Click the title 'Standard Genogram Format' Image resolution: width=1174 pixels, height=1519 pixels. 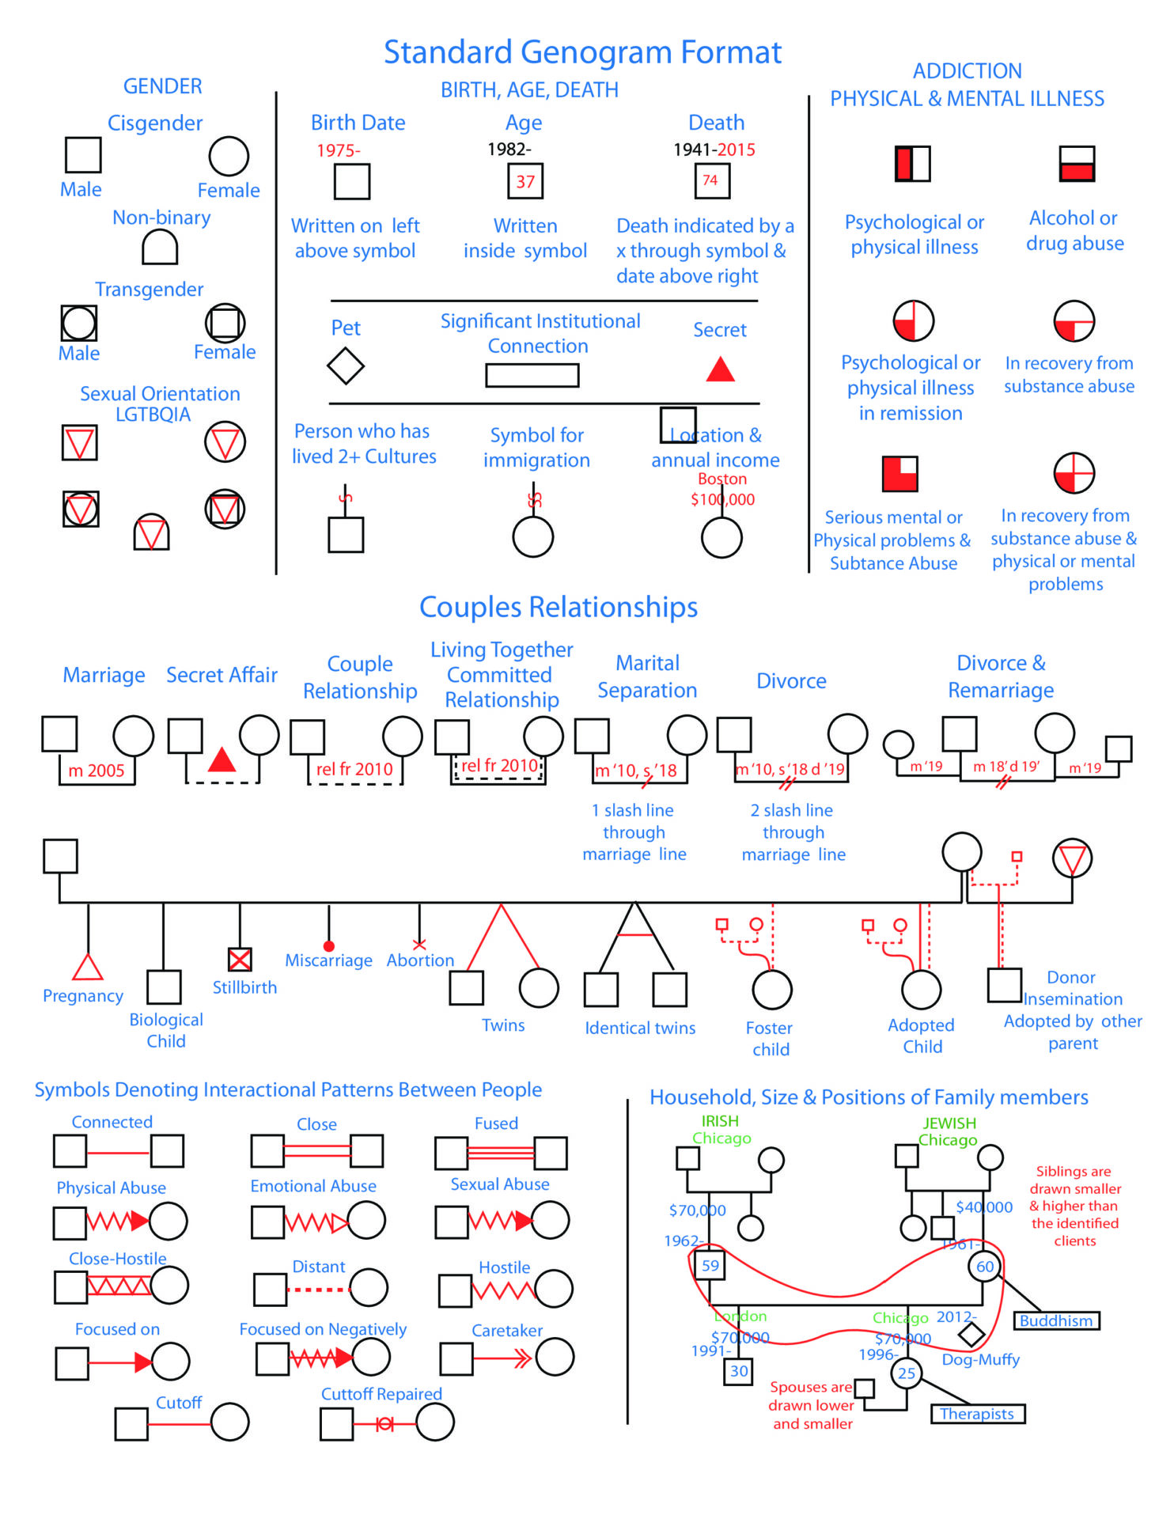point(582,53)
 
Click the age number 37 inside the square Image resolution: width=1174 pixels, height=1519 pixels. point(525,181)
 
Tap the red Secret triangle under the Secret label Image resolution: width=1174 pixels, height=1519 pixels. point(720,369)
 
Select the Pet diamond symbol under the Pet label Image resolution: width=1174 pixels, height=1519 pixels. point(346,366)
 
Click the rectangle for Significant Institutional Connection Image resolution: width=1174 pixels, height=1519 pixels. point(532,375)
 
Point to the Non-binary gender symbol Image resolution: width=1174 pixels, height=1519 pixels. point(160,248)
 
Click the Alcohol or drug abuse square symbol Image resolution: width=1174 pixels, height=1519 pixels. point(1077,164)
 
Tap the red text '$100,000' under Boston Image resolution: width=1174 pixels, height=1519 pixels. point(722,499)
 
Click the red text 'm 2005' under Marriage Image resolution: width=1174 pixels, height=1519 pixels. point(97,771)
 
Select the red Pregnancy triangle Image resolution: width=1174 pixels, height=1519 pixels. point(88,968)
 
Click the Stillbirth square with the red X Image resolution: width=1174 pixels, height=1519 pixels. point(240,959)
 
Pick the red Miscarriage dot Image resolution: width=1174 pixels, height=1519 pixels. point(329,946)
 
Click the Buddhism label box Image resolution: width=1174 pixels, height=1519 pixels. point(1056,1320)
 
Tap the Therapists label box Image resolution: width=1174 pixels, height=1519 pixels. point(977,1414)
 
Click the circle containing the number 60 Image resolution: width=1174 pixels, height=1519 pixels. point(984,1267)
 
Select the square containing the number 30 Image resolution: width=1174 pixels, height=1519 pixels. point(738,1371)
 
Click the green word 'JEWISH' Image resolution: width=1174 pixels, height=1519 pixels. point(949,1123)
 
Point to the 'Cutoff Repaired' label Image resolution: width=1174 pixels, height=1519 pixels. point(381,1394)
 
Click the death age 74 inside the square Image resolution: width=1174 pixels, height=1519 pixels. point(710,180)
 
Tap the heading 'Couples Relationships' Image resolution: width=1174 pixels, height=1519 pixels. point(559,607)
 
